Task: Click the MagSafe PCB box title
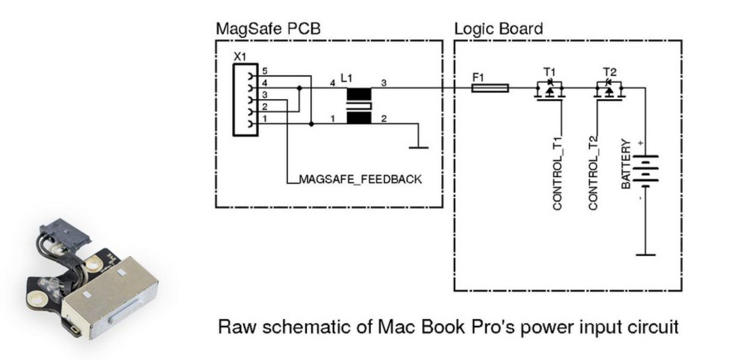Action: click(x=268, y=29)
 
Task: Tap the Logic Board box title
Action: click(x=498, y=29)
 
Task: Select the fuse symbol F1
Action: click(x=490, y=88)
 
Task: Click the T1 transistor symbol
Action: click(x=550, y=90)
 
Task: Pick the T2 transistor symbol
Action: click(x=609, y=90)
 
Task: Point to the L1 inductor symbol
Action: click(x=358, y=106)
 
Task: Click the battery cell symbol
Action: click(x=645, y=169)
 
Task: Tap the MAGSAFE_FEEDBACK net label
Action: click(x=360, y=179)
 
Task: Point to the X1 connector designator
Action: click(x=240, y=57)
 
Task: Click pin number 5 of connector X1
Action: click(x=265, y=72)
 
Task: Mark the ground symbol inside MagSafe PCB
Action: click(x=419, y=146)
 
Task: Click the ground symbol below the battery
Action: click(x=645, y=254)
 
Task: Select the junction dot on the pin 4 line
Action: click(x=299, y=88)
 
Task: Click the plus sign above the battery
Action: click(x=641, y=144)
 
